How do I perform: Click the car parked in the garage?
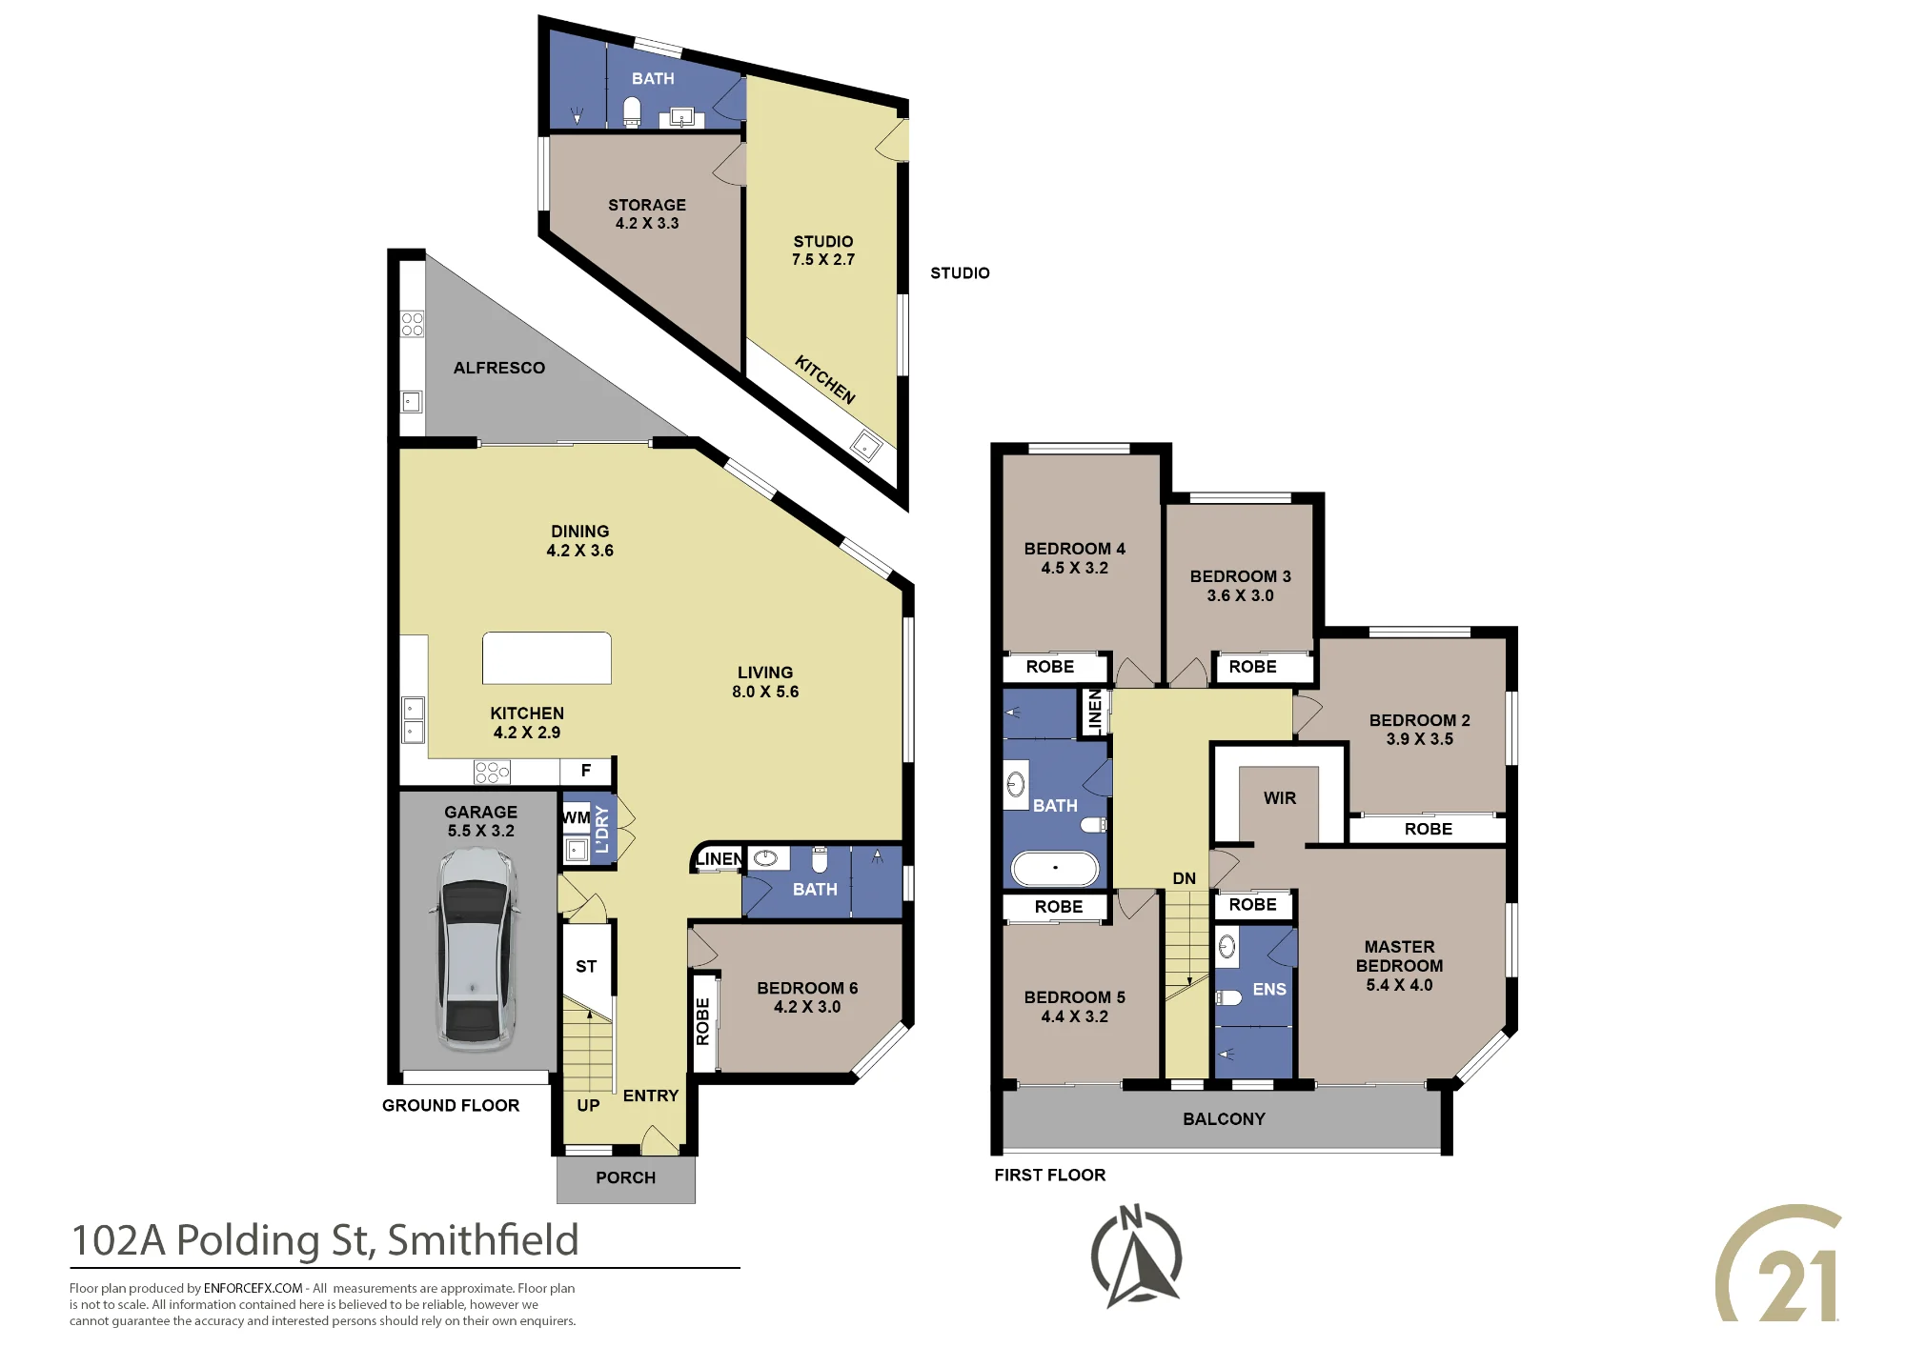tap(477, 949)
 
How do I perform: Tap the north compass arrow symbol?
tap(1136, 1257)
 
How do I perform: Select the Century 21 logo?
tap(1778, 1263)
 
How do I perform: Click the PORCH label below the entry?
tap(625, 1177)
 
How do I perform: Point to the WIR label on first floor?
tap(1279, 798)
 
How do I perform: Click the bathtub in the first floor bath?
tap(1055, 868)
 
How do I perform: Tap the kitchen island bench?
tap(546, 657)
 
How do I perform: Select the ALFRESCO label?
tap(499, 368)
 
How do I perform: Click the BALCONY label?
tap(1224, 1119)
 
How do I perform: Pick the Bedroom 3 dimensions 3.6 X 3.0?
tap(1240, 595)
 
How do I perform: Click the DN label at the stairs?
tap(1184, 878)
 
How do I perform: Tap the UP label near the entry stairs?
tap(588, 1106)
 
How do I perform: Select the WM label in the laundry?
tap(576, 817)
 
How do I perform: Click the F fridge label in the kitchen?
tap(586, 771)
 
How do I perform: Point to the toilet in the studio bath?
tap(632, 111)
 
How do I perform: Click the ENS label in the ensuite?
tap(1269, 990)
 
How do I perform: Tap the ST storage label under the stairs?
tap(586, 967)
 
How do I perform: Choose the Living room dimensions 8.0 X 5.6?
tap(765, 692)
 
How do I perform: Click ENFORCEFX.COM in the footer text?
tap(253, 1288)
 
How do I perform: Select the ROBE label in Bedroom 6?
tap(702, 1021)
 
